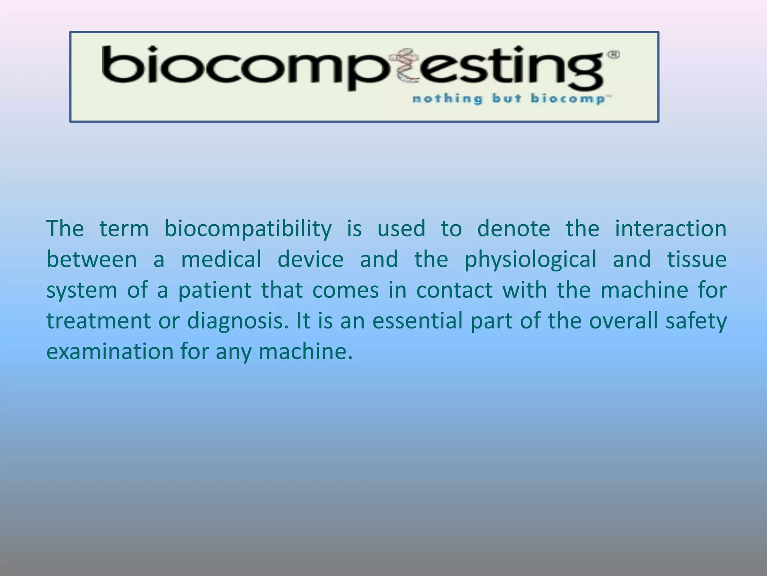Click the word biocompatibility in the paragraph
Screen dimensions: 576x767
click(248, 229)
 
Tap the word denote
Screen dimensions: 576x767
click(513, 229)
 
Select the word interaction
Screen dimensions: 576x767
click(670, 229)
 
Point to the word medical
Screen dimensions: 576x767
click(221, 259)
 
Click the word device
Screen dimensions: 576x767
click(310, 259)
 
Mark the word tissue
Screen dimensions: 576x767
click(697, 259)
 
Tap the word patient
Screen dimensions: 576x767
click(215, 291)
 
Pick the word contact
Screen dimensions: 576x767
click(454, 291)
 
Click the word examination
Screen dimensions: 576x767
click(110, 352)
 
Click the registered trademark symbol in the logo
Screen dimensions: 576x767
click(615, 55)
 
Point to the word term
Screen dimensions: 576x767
click(124, 229)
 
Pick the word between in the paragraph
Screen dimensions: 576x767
click(92, 259)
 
